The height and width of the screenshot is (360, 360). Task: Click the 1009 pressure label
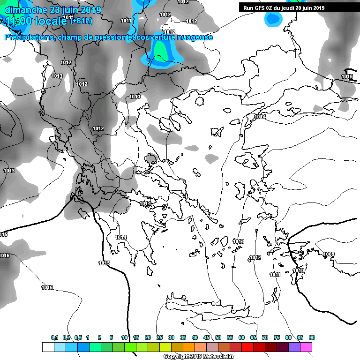click(x=329, y=254)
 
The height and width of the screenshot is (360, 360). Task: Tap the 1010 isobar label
click(x=298, y=271)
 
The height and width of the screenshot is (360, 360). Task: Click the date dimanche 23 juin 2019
click(x=50, y=9)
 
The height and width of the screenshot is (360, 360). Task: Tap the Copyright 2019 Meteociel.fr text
click(x=199, y=356)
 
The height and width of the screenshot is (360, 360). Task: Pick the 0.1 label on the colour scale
click(x=55, y=337)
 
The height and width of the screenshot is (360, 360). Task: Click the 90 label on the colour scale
click(x=312, y=337)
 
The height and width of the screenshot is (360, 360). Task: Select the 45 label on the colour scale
click(x=207, y=337)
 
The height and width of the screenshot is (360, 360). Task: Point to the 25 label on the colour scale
click(x=160, y=337)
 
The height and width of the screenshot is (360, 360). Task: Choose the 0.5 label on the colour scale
click(x=78, y=337)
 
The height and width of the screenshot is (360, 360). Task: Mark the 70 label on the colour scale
click(x=265, y=337)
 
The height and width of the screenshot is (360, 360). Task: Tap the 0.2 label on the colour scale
click(x=67, y=337)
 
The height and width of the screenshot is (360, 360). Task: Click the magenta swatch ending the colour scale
click(x=306, y=347)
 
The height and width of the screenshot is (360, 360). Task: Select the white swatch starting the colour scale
click(x=48, y=347)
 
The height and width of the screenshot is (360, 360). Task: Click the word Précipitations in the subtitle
click(x=29, y=37)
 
